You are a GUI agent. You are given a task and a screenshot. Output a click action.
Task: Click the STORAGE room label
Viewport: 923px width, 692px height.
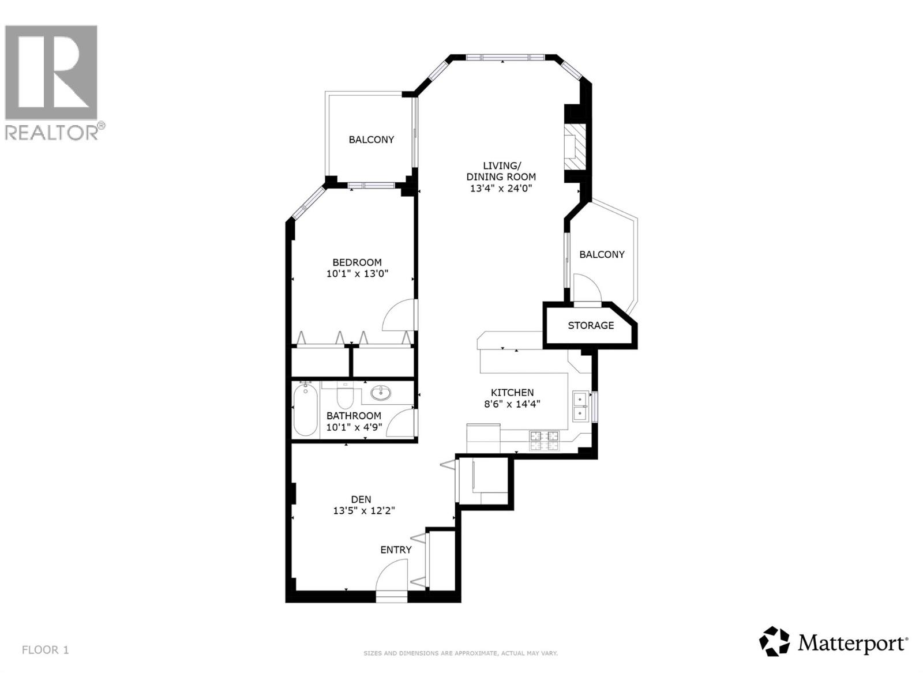[591, 325]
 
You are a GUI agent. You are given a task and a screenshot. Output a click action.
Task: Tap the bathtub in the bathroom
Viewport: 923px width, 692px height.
[305, 411]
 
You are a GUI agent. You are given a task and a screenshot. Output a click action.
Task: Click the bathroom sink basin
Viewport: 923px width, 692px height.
[380, 393]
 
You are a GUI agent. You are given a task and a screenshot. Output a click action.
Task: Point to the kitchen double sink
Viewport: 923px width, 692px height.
[580, 406]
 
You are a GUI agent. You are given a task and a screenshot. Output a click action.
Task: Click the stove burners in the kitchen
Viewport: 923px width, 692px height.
[544, 440]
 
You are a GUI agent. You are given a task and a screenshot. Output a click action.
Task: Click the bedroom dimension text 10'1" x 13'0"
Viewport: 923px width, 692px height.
[357, 274]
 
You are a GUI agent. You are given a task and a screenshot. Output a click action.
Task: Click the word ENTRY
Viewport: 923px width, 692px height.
[396, 550]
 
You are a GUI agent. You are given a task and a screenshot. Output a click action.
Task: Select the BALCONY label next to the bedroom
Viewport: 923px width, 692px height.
[371, 140]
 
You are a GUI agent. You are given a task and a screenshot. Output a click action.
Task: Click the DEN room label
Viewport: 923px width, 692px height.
[361, 499]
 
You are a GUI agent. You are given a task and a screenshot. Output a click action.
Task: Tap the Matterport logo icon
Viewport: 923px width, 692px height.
[774, 641]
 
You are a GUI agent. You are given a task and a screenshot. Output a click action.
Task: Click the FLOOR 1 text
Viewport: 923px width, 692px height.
[45, 650]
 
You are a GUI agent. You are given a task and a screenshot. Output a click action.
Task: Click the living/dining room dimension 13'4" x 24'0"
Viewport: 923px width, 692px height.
[501, 188]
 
